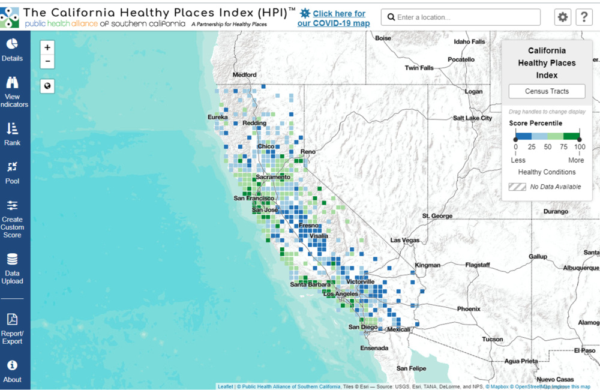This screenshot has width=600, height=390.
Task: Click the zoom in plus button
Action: tap(47, 47)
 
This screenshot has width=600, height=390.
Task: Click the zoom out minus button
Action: tap(47, 61)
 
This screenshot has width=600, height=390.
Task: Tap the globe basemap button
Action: tap(47, 86)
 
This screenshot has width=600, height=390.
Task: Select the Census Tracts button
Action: tap(547, 91)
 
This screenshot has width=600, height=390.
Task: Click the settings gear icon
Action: tap(562, 17)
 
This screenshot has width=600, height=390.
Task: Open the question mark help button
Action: tap(584, 17)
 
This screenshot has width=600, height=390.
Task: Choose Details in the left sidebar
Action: tap(12, 50)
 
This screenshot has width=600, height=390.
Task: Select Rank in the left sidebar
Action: tap(12, 134)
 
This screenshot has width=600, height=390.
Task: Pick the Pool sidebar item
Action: tap(12, 172)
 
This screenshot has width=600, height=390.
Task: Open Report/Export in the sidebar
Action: tap(12, 329)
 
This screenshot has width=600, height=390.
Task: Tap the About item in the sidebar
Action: tap(12, 371)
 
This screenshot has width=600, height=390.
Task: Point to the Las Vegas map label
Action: tap(405, 240)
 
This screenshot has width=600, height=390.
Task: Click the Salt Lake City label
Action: tap(472, 118)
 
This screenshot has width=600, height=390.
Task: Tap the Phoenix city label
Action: tap(469, 309)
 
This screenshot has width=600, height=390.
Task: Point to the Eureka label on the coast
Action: tap(218, 116)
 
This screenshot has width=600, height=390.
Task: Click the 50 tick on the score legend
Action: tap(547, 147)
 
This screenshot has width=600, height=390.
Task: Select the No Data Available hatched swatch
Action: tap(517, 187)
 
